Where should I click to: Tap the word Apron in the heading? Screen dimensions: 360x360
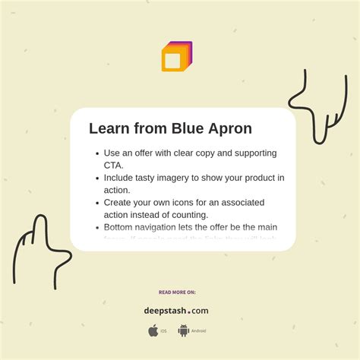click(x=227, y=129)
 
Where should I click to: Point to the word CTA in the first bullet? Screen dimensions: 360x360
click(x=113, y=165)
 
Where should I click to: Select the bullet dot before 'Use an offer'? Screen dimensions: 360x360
click(x=96, y=153)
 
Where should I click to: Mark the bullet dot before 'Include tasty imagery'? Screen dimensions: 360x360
click(x=96, y=178)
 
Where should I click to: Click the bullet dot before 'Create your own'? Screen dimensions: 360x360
click(x=96, y=204)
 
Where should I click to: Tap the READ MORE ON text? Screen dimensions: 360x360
click(x=177, y=292)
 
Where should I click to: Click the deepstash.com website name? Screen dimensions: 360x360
click(x=176, y=310)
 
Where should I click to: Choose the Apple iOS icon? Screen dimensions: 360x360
click(x=153, y=330)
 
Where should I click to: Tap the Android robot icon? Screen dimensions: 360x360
click(x=183, y=330)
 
